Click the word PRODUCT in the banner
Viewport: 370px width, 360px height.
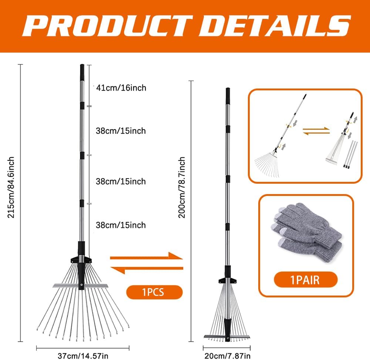107,26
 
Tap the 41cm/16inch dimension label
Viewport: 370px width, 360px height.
121,88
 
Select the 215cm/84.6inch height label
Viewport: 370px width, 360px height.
11,187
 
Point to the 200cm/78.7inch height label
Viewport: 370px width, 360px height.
181,187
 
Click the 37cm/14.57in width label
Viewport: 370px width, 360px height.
83,356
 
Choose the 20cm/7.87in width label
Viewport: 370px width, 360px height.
228,356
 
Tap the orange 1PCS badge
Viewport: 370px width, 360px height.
155,292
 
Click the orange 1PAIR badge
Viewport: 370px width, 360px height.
306,280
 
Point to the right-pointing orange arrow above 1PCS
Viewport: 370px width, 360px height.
147,257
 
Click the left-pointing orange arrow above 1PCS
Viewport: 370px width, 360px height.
147,269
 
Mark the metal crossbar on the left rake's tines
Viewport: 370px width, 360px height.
80,286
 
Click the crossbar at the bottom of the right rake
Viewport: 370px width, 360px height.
227,336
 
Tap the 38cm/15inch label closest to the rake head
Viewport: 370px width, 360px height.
121,225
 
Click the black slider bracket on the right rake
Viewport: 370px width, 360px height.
228,280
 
